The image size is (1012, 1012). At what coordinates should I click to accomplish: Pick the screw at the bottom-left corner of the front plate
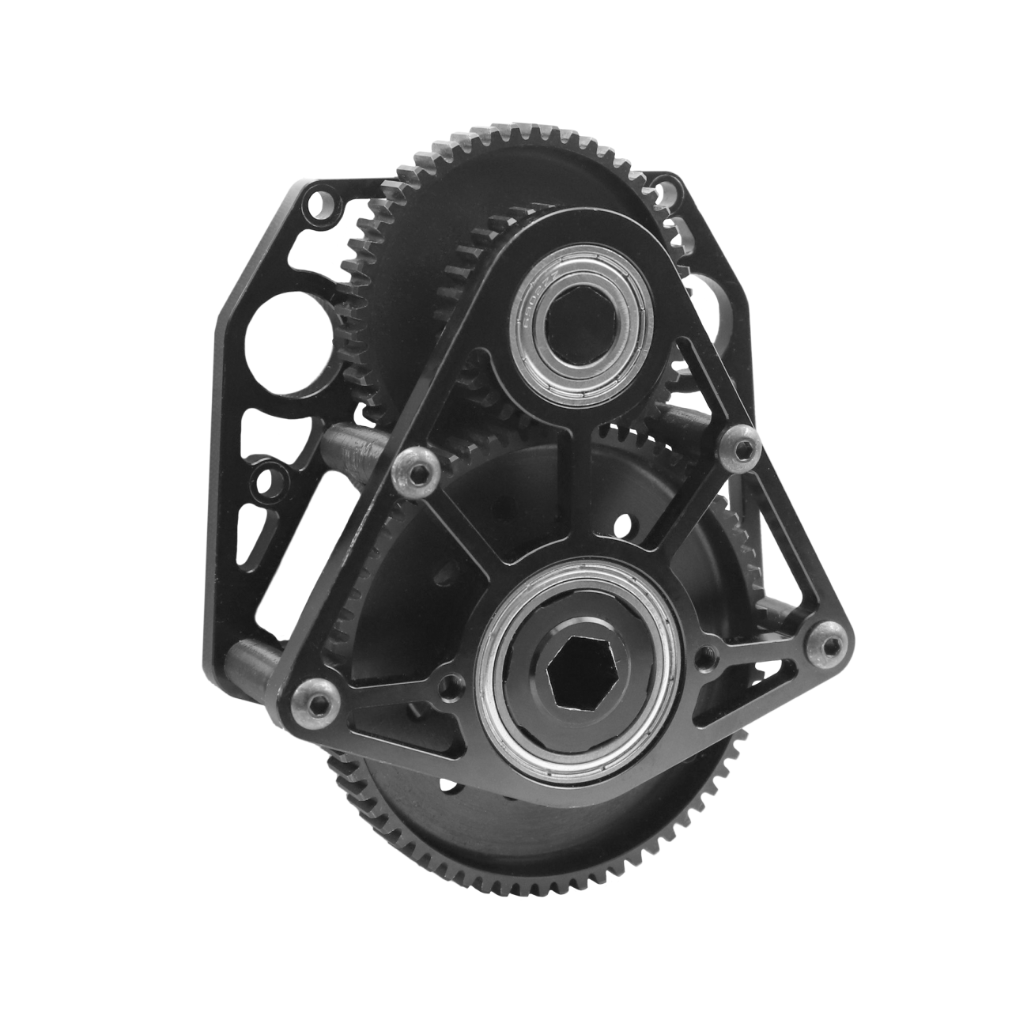click(x=314, y=695)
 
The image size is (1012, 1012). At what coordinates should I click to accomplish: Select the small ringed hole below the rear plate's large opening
click(x=267, y=481)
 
